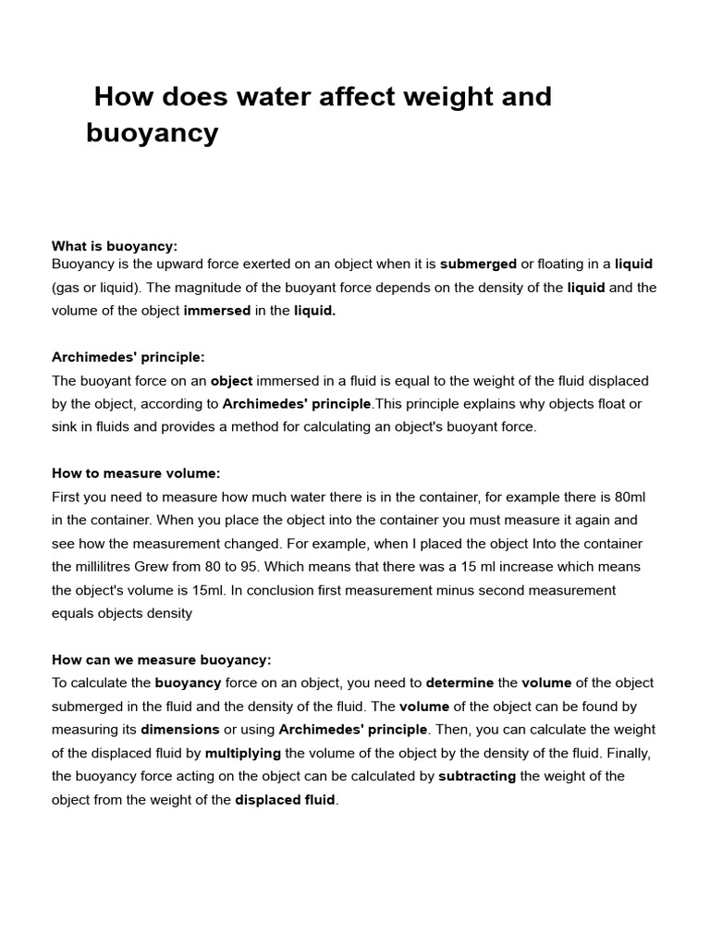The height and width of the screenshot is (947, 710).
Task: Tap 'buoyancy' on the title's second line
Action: click(153, 133)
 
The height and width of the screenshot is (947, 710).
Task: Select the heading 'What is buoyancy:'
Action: click(115, 246)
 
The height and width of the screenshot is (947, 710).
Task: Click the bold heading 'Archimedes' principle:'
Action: click(129, 357)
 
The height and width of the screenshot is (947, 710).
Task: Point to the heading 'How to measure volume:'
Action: click(136, 473)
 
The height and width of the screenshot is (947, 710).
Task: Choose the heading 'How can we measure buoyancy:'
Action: click(162, 659)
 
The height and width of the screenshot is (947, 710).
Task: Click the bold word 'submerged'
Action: click(478, 264)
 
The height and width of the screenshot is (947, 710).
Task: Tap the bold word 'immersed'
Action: click(217, 311)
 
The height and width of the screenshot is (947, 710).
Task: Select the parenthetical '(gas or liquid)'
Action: click(95, 288)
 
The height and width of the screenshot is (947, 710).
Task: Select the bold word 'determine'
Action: click(459, 683)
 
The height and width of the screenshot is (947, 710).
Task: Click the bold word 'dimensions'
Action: click(180, 730)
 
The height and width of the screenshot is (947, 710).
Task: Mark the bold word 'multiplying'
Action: click(243, 753)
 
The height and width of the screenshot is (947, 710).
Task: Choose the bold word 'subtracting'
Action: click(477, 776)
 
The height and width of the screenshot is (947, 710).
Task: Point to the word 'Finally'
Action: click(627, 753)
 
